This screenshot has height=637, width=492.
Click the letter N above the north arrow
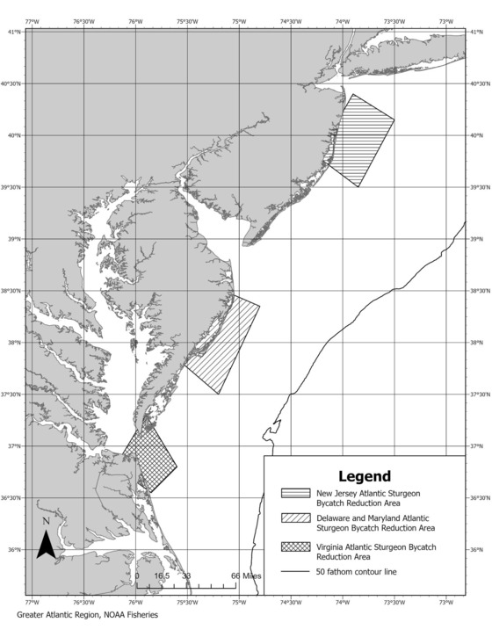(46, 522)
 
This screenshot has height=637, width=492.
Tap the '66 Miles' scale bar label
(245, 575)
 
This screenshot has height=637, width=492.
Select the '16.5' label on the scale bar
(162, 575)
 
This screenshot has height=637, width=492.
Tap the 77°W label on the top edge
(33, 21)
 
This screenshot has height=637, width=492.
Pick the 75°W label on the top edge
(239, 21)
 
